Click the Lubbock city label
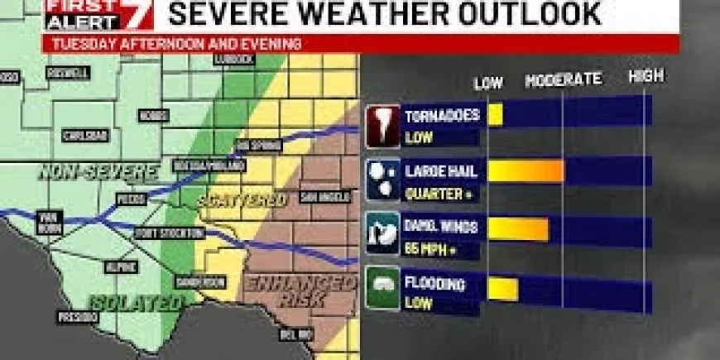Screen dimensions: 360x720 pos(238,60)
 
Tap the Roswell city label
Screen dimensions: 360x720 pos(74,73)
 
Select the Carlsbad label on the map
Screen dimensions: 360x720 pos(85,136)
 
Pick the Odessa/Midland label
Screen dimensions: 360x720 pos(209,166)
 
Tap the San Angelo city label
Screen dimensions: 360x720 pos(318,198)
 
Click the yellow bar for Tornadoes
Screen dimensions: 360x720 pos(495,115)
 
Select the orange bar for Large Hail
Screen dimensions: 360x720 pos(526,171)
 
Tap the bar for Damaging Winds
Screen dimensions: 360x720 pos(518,229)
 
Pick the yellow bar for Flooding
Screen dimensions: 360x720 pos(502,288)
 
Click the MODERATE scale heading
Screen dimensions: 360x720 pos(563,80)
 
